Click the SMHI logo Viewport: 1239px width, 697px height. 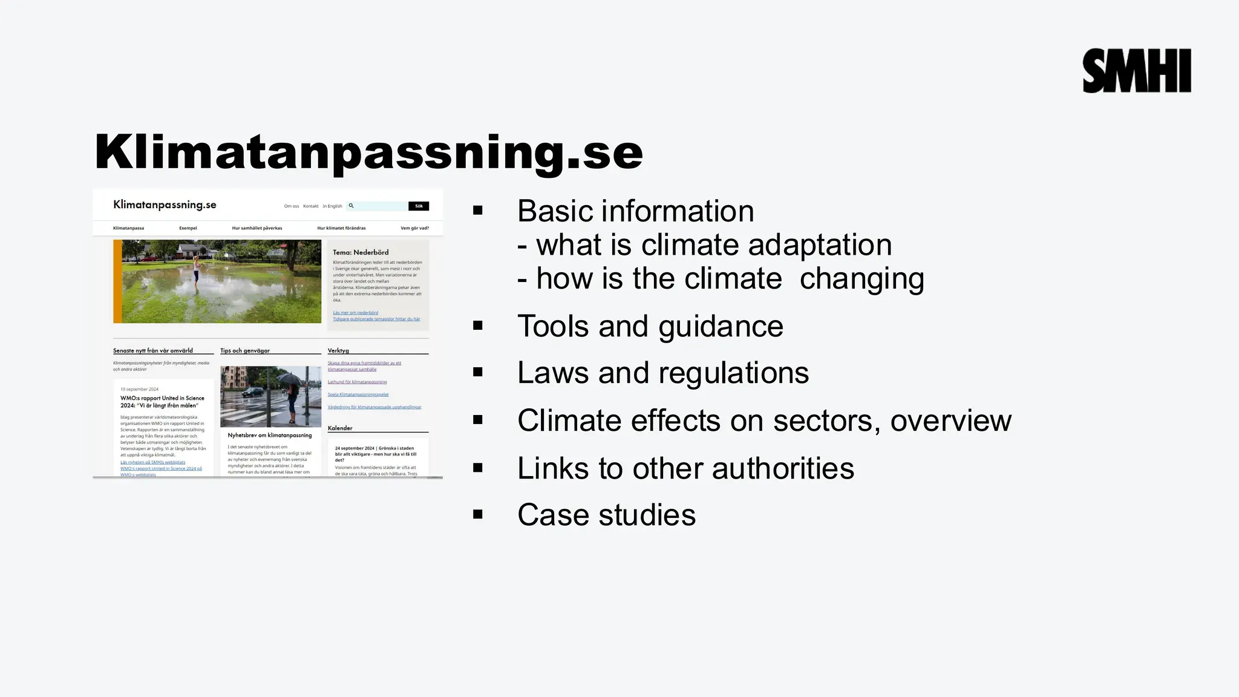pyautogui.click(x=1136, y=71)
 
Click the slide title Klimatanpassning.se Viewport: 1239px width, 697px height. pyautogui.click(x=368, y=152)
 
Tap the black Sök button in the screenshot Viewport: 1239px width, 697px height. pyautogui.click(x=418, y=206)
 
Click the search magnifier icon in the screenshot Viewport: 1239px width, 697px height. pyautogui.click(x=351, y=206)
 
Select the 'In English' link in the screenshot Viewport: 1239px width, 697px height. pyautogui.click(x=332, y=206)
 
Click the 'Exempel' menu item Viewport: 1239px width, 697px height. pyautogui.click(x=188, y=228)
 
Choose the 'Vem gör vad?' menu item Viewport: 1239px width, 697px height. pyautogui.click(x=414, y=228)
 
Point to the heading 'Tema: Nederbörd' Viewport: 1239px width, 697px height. pyautogui.click(x=361, y=252)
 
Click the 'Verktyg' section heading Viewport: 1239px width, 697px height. pyautogui.click(x=338, y=350)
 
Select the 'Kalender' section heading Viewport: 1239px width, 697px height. pyautogui.click(x=340, y=428)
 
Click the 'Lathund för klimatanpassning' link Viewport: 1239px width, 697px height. pyautogui.click(x=357, y=382)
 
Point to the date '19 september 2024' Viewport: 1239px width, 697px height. pyautogui.click(x=139, y=389)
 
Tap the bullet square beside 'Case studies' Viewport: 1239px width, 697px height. pyautogui.click(x=478, y=514)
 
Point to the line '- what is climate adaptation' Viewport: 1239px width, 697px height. pyautogui.click(x=704, y=245)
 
